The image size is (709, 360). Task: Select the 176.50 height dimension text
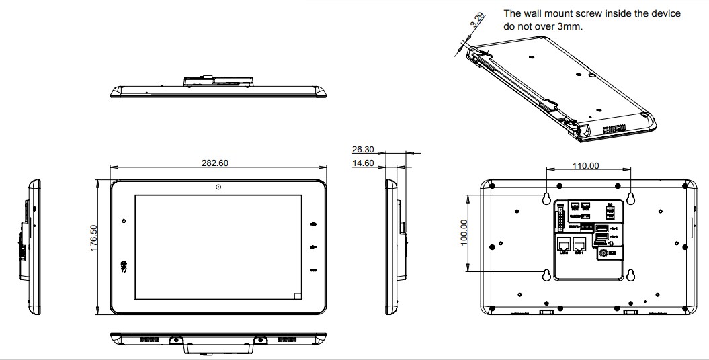(x=94, y=238)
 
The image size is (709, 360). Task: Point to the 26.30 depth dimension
(x=363, y=150)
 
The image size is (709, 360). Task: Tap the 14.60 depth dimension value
(x=363, y=163)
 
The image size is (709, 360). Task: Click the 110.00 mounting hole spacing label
(x=586, y=165)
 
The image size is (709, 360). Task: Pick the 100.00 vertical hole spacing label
(x=463, y=232)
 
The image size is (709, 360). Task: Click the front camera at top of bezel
(x=218, y=187)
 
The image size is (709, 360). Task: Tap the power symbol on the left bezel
(x=124, y=222)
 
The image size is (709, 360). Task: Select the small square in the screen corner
(x=298, y=294)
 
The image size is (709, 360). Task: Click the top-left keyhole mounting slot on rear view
(x=546, y=197)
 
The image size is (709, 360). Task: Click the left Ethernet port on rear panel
(x=563, y=244)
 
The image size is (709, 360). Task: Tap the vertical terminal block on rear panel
(x=559, y=217)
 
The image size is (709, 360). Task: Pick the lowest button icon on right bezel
(x=313, y=270)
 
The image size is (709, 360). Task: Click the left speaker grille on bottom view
(x=149, y=341)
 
